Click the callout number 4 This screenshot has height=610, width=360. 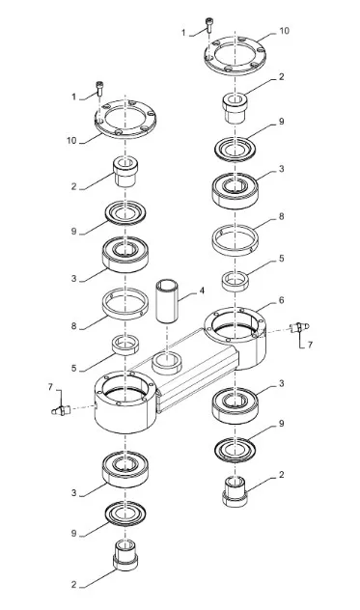[x=202, y=291]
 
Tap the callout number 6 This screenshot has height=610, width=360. [x=282, y=300]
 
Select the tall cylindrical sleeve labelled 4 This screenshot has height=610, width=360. [x=167, y=300]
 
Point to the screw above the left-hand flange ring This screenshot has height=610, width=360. [x=100, y=88]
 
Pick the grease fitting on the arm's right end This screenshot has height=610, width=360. [x=299, y=327]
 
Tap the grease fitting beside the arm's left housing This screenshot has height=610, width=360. [x=61, y=410]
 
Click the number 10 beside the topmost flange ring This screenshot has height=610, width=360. [x=285, y=31]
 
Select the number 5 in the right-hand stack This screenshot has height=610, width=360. [x=282, y=259]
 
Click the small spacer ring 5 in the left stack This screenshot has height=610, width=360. [x=125, y=345]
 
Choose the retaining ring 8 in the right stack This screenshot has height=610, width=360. [x=235, y=240]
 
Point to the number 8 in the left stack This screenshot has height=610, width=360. [x=74, y=326]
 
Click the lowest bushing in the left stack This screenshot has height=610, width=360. [x=125, y=555]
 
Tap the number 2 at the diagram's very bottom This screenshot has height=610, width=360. [x=74, y=584]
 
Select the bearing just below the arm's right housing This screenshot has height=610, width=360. [x=235, y=405]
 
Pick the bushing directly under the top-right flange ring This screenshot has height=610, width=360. [x=235, y=108]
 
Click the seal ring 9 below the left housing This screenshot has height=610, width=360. [x=125, y=513]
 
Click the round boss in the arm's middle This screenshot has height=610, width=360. [x=167, y=363]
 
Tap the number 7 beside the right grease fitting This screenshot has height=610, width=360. [x=310, y=345]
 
